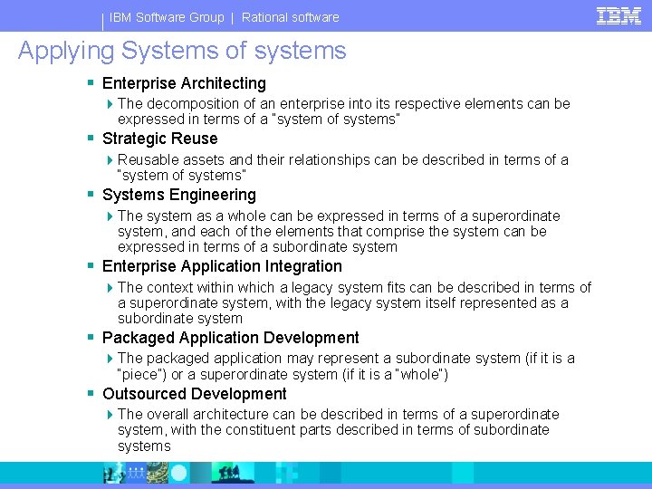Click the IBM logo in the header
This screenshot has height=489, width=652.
pyautogui.click(x=618, y=15)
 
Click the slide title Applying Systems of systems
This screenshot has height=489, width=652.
pyautogui.click(x=182, y=51)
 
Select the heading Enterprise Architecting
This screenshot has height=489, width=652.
pyautogui.click(x=184, y=83)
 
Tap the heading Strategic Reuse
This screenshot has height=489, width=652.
pyautogui.click(x=159, y=139)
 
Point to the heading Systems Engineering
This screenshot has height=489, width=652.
pyautogui.click(x=178, y=195)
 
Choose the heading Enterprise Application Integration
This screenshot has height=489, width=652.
pyautogui.click(x=222, y=266)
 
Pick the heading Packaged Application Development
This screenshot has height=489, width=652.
pyautogui.click(x=230, y=338)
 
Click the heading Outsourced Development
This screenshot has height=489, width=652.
pyautogui.click(x=194, y=394)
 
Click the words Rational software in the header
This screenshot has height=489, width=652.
pyautogui.click(x=291, y=17)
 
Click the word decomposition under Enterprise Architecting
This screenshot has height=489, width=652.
pyautogui.click(x=190, y=104)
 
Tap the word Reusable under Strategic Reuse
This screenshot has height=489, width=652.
pyautogui.click(x=147, y=160)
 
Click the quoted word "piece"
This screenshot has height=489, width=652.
pyautogui.click(x=145, y=375)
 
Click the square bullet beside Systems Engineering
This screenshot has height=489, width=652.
pyautogui.click(x=91, y=195)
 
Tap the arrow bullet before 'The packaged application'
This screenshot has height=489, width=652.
pyautogui.click(x=110, y=359)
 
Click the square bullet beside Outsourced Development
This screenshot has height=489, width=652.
pyautogui.click(x=91, y=394)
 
